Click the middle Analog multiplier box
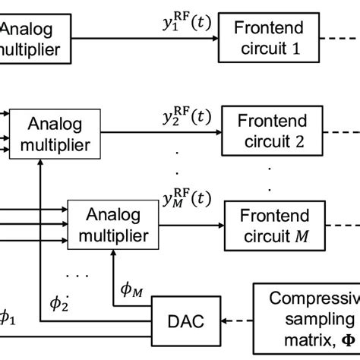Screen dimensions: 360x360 [x=58, y=134]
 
